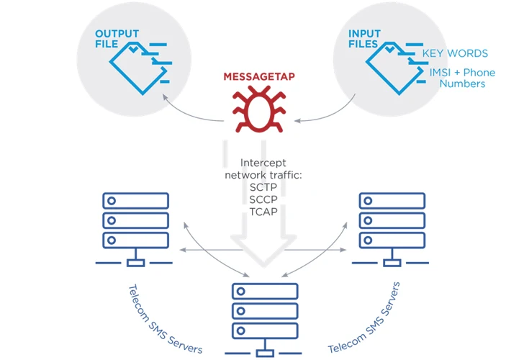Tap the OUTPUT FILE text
tap(116, 38)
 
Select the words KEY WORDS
tap(454, 53)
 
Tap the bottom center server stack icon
tap(265, 317)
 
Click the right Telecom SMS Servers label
tap(365, 317)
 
